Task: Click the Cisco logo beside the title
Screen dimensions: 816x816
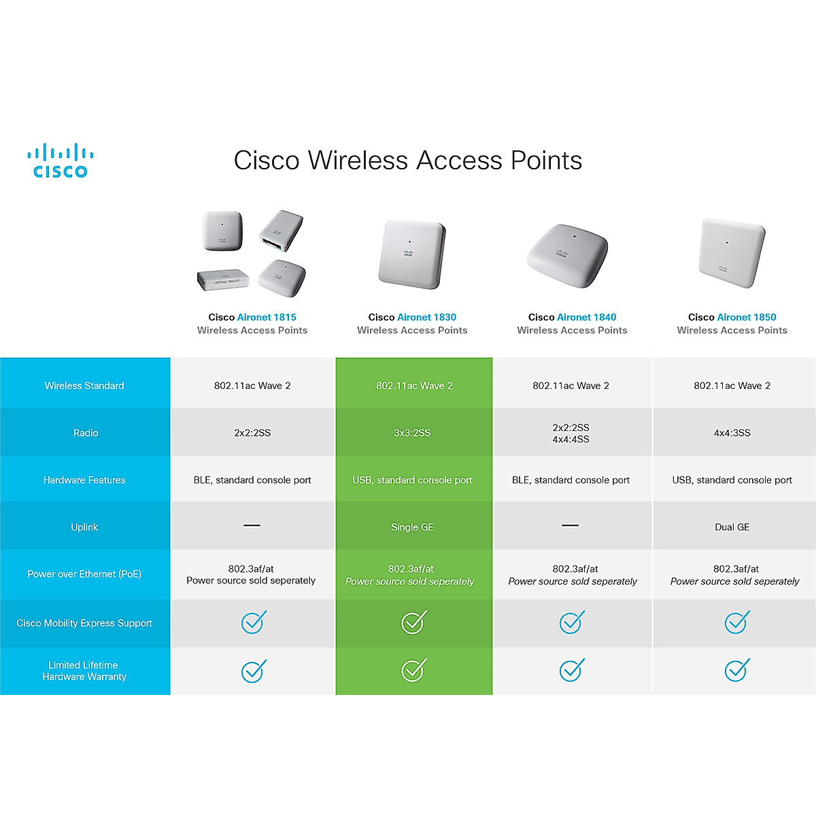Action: tap(61, 161)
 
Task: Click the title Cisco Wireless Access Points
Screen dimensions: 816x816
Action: tap(408, 160)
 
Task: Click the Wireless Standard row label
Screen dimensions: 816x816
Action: tap(84, 386)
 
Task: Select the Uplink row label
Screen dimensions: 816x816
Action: tap(84, 527)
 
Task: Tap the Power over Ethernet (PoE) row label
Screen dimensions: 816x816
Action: tap(84, 574)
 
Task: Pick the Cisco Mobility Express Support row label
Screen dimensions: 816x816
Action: tap(84, 623)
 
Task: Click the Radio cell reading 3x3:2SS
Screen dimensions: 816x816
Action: tap(412, 432)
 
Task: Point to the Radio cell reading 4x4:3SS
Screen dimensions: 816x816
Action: tap(732, 432)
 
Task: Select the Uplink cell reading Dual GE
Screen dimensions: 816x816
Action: tap(732, 527)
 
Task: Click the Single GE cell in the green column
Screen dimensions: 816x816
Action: tap(412, 527)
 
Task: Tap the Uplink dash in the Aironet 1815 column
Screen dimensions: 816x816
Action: tap(252, 526)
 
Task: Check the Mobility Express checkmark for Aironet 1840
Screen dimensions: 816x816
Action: tap(571, 622)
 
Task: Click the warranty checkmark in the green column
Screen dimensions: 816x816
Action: tap(413, 670)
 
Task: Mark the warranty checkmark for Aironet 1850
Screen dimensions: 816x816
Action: tap(736, 670)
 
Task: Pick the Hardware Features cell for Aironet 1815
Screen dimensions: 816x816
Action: tap(252, 480)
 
